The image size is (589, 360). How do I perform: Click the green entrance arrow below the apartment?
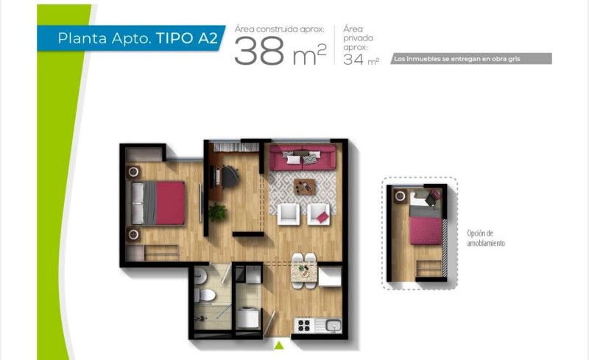(278, 345)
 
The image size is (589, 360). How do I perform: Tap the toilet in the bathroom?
(205, 295)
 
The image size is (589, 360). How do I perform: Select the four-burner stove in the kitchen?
(303, 325)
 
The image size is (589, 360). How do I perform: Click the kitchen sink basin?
(334, 325)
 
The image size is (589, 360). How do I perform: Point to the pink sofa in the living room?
(302, 158)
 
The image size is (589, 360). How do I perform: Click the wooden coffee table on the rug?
(305, 186)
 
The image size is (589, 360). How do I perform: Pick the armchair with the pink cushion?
(319, 214)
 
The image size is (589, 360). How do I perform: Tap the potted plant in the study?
(217, 212)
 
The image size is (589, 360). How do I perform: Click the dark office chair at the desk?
(230, 176)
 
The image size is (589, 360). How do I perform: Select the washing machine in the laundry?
(248, 317)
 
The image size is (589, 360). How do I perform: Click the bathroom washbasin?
(200, 275)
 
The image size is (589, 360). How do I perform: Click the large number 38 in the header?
(259, 52)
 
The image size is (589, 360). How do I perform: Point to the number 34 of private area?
(353, 60)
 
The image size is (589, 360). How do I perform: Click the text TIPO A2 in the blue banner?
(187, 38)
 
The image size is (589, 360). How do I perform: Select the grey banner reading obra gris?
(471, 59)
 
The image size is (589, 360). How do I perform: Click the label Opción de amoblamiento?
(486, 239)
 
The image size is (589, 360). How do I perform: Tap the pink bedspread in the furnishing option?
(426, 230)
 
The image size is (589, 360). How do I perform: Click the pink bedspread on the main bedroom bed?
(170, 203)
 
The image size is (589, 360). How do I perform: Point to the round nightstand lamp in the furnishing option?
(401, 195)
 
